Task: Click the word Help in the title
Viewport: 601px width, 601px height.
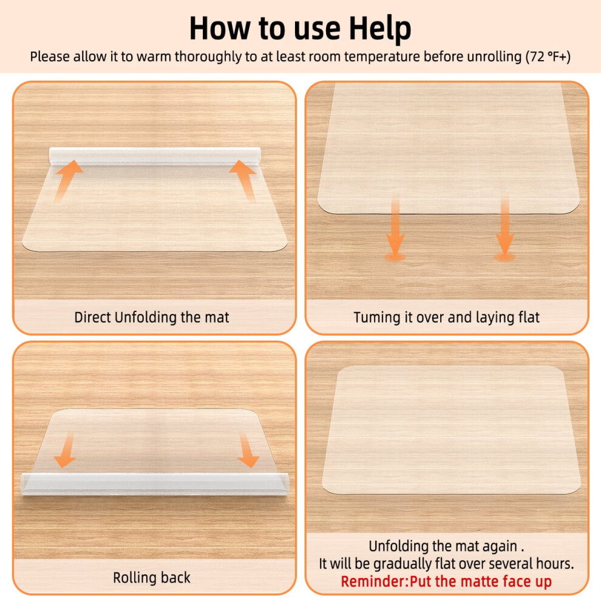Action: click(x=380, y=29)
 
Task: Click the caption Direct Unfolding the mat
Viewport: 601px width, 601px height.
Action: click(x=152, y=317)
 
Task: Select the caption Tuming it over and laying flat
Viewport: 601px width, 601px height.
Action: click(x=447, y=317)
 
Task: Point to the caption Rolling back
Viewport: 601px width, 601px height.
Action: click(x=152, y=577)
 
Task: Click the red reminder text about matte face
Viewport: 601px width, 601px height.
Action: click(x=447, y=582)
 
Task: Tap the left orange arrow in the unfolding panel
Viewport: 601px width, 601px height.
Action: click(x=67, y=181)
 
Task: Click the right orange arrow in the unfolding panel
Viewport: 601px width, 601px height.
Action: click(x=244, y=180)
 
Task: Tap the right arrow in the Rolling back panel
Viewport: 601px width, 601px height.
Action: click(x=248, y=450)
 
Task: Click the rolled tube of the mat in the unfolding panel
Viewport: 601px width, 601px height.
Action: click(x=155, y=156)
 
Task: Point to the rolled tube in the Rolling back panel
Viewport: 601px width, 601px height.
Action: click(x=155, y=484)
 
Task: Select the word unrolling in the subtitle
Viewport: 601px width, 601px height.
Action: click(x=494, y=56)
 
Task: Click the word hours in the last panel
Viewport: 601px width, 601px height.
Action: click(x=555, y=563)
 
